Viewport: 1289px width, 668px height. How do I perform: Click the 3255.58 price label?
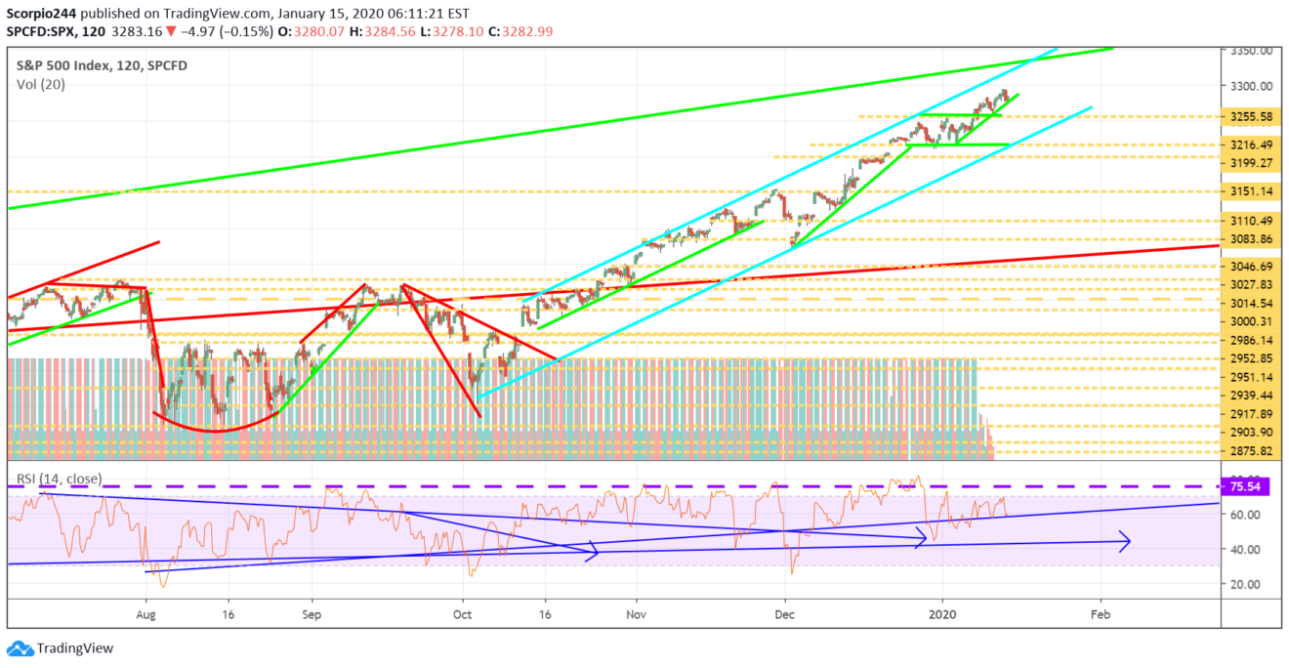point(1251,117)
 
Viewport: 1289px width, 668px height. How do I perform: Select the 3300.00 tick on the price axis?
point(1251,86)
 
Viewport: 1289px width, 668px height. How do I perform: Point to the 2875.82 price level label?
point(1251,451)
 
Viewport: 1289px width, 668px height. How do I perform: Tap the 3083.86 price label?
point(1251,240)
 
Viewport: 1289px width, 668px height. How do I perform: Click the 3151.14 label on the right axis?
point(1251,191)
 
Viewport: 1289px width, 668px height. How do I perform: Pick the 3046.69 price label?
point(1251,267)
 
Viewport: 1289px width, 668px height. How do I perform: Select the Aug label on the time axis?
point(146,616)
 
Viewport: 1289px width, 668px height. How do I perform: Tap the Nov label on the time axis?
point(636,616)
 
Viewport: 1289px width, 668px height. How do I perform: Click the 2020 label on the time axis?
point(942,616)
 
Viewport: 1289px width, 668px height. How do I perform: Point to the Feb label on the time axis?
point(1100,616)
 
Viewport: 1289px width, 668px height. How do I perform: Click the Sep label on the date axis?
point(312,616)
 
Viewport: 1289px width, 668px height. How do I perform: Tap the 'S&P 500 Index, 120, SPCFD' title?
point(102,65)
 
